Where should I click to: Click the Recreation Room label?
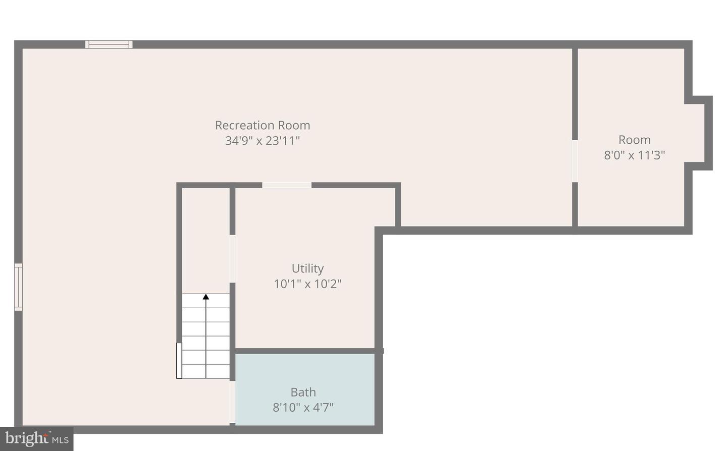click(263, 125)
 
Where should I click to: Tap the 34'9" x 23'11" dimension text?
click(263, 141)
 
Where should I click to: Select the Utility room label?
click(307, 268)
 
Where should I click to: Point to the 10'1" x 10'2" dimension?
click(307, 284)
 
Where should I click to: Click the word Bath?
click(303, 392)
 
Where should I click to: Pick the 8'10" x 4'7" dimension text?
click(303, 407)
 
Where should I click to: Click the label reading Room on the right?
click(635, 140)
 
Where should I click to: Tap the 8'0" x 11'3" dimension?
click(635, 155)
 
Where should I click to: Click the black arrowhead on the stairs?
click(206, 297)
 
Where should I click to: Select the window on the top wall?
click(109, 44)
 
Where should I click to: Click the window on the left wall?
click(18, 287)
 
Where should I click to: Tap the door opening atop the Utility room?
click(287, 185)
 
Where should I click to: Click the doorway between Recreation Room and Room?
click(575, 161)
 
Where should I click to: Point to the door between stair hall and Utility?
click(232, 258)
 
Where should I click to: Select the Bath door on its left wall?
click(232, 402)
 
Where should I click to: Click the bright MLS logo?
click(37, 439)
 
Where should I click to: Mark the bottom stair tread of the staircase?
click(206, 371)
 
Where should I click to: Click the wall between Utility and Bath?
click(305, 351)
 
